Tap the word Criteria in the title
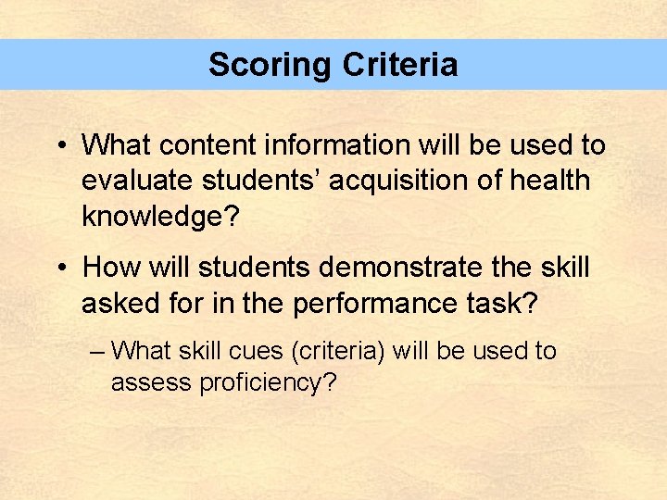click(399, 65)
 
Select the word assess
click(151, 382)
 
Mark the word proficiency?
click(268, 382)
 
